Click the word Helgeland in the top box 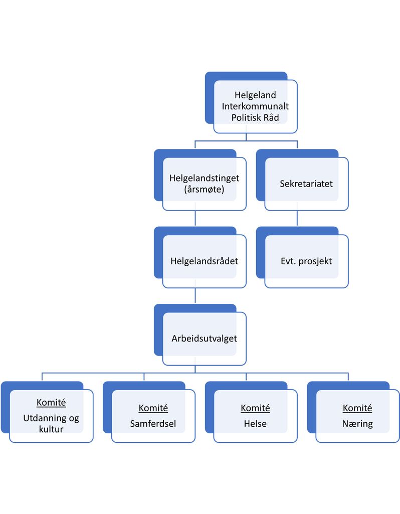point(255,95)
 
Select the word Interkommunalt point(255,106)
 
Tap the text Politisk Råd point(255,117)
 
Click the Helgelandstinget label point(204,179)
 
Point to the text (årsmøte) point(204,190)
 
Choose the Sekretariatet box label point(306,184)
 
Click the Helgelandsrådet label point(204,261)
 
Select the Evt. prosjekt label point(306,261)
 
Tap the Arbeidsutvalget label point(204,338)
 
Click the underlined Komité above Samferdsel point(153,408)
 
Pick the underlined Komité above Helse point(255,408)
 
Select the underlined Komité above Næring point(357,408)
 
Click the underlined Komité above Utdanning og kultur point(51,403)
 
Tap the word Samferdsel point(153,424)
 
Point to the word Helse point(255,424)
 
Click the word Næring point(357,424)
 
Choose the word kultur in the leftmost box point(51,429)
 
